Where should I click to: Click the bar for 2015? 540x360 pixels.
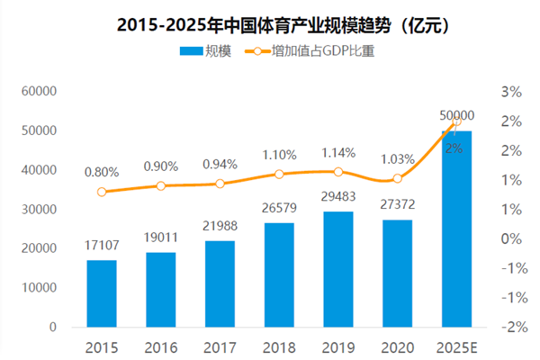point(102,293)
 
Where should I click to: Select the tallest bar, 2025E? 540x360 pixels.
point(455,229)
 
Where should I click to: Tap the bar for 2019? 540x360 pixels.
point(337,269)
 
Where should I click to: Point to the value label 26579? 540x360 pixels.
point(279,209)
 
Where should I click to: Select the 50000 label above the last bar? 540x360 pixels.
point(456,116)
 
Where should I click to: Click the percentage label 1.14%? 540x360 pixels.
point(337,152)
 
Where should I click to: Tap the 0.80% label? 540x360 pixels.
point(102,171)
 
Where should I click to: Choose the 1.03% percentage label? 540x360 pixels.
point(397,159)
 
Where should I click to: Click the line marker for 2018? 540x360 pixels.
point(279,174)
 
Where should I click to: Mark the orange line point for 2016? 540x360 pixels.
point(161,186)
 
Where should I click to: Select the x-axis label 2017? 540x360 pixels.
point(220,346)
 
